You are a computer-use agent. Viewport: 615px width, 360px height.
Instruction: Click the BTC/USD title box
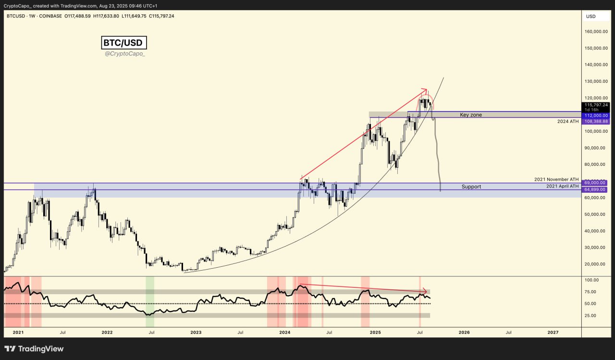124,43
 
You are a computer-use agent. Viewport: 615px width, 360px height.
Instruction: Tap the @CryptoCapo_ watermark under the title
124,54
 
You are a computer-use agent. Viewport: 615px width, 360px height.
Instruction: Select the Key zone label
470,115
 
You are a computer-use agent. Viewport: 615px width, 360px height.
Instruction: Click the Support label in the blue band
471,186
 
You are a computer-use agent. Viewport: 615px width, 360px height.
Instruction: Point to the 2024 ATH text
567,122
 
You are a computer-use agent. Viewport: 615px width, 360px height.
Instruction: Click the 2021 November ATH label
556,179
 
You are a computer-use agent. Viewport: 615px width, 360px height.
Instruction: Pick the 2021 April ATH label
562,186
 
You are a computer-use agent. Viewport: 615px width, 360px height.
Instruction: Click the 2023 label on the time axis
196,332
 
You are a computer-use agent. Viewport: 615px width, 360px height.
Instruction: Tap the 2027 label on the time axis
553,332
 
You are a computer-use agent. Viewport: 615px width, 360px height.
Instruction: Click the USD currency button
591,16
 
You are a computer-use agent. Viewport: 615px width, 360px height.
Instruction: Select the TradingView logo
34,349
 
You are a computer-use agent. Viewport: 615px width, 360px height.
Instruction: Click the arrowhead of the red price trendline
425,90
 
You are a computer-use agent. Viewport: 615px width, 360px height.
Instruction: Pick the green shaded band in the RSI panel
150,296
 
